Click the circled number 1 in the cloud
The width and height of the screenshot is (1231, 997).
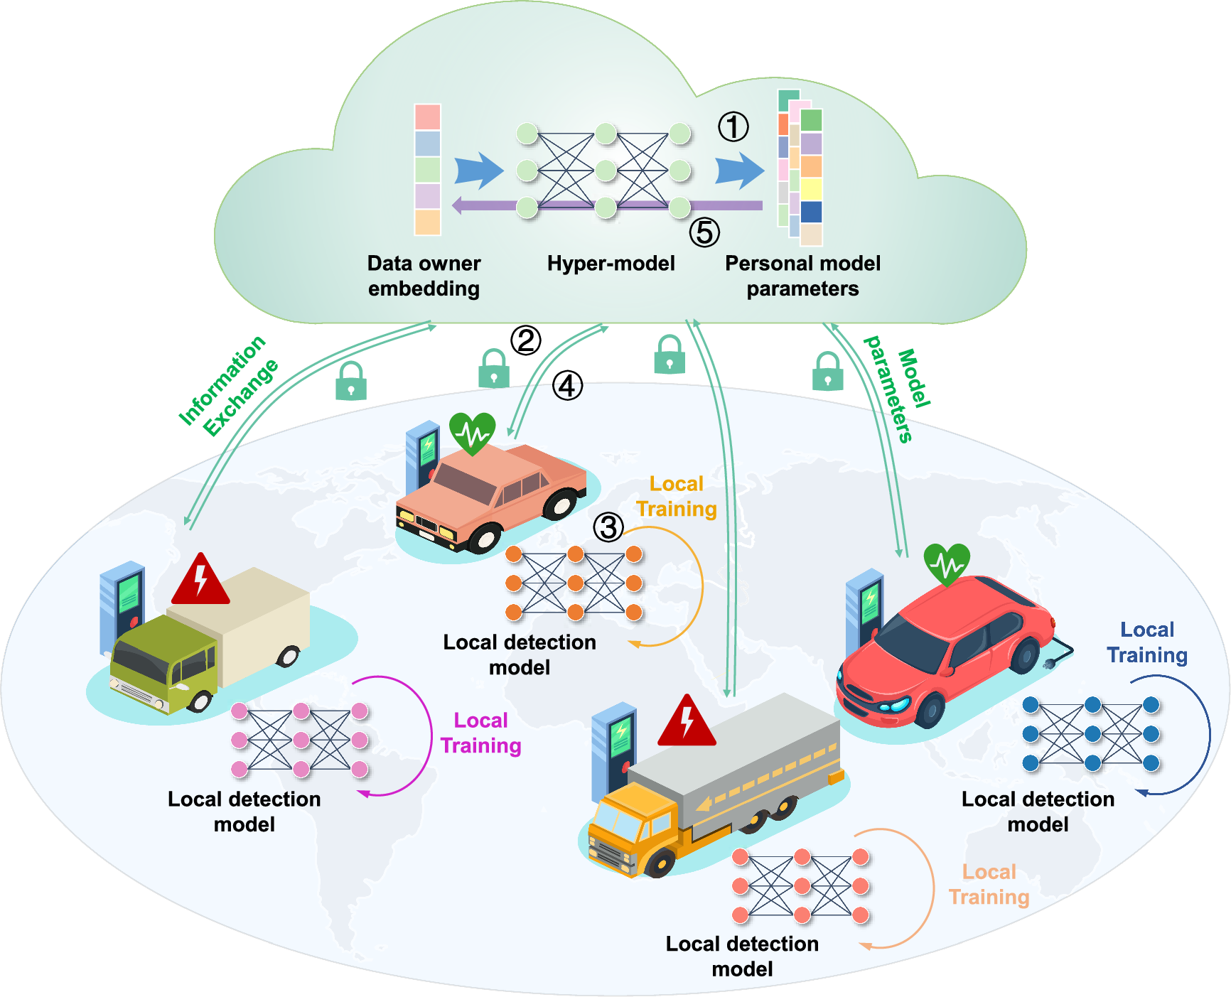[733, 126]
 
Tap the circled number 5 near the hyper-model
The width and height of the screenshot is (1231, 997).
[704, 232]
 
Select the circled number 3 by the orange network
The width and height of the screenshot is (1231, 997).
[608, 527]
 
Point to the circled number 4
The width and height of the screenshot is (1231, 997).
[567, 386]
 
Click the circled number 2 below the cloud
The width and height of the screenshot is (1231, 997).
[526, 340]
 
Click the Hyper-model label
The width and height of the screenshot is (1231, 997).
[611, 264]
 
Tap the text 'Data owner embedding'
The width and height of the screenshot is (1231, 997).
[424, 276]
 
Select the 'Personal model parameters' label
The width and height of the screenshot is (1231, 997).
[802, 276]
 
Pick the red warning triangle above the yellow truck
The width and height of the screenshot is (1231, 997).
[686, 722]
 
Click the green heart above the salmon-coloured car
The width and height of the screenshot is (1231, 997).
[472, 432]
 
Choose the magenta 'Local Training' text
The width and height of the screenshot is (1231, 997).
[481, 733]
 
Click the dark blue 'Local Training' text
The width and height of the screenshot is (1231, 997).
[1147, 642]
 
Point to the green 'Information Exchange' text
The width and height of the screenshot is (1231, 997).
[227, 385]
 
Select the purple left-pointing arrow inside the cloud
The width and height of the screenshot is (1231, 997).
[483, 205]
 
